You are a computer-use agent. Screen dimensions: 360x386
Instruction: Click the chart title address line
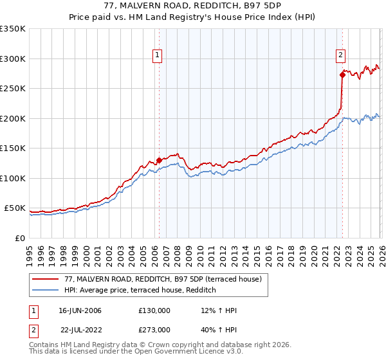(193, 6)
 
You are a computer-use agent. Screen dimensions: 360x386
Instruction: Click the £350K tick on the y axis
(13, 29)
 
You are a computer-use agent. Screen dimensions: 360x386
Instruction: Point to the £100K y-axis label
(13, 178)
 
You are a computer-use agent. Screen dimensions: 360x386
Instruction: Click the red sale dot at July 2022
(342, 75)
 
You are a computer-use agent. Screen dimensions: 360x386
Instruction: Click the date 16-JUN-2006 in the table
(80, 310)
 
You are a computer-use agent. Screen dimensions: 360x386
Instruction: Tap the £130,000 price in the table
(154, 310)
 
